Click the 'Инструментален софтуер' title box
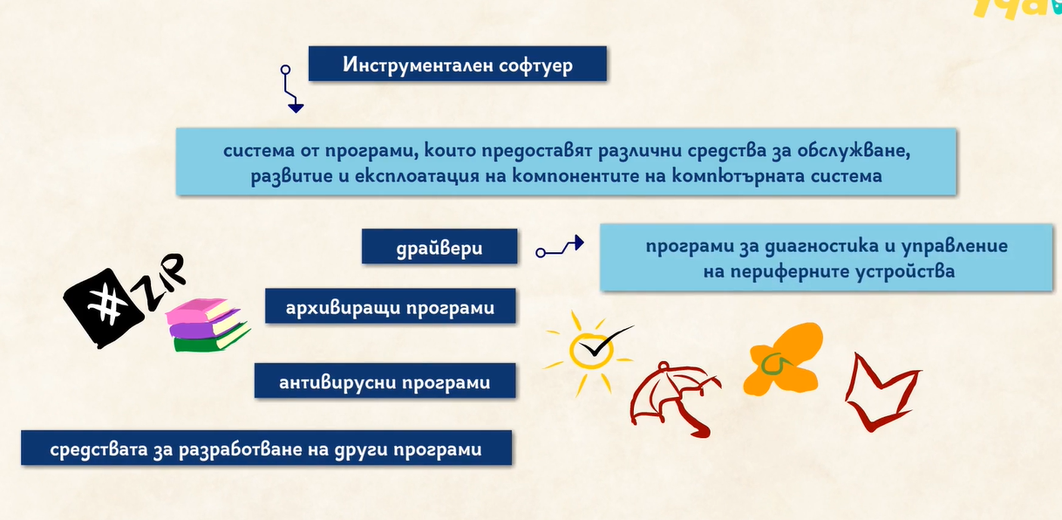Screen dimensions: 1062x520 point(458,64)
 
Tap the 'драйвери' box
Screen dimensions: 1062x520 point(439,246)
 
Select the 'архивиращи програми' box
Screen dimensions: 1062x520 point(391,306)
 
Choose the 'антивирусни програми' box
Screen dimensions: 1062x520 point(385,380)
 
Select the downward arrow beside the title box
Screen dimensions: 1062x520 point(290,90)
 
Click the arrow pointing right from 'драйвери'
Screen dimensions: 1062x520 point(561,247)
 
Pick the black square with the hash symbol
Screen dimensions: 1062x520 point(104,308)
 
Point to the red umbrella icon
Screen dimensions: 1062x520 point(674,399)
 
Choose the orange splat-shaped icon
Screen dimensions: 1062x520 point(783,360)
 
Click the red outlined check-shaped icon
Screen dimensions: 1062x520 point(881,393)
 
